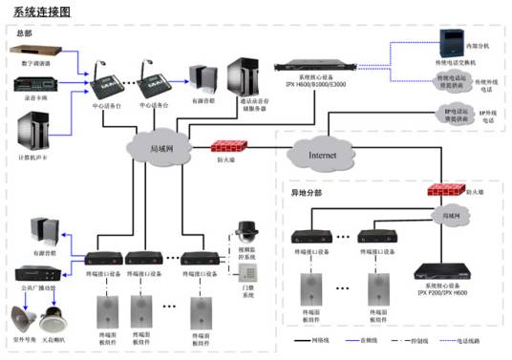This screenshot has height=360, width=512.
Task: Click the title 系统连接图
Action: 35,11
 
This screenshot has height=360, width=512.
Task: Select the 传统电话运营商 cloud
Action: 452,81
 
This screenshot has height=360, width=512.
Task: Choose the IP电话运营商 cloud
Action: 453,117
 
